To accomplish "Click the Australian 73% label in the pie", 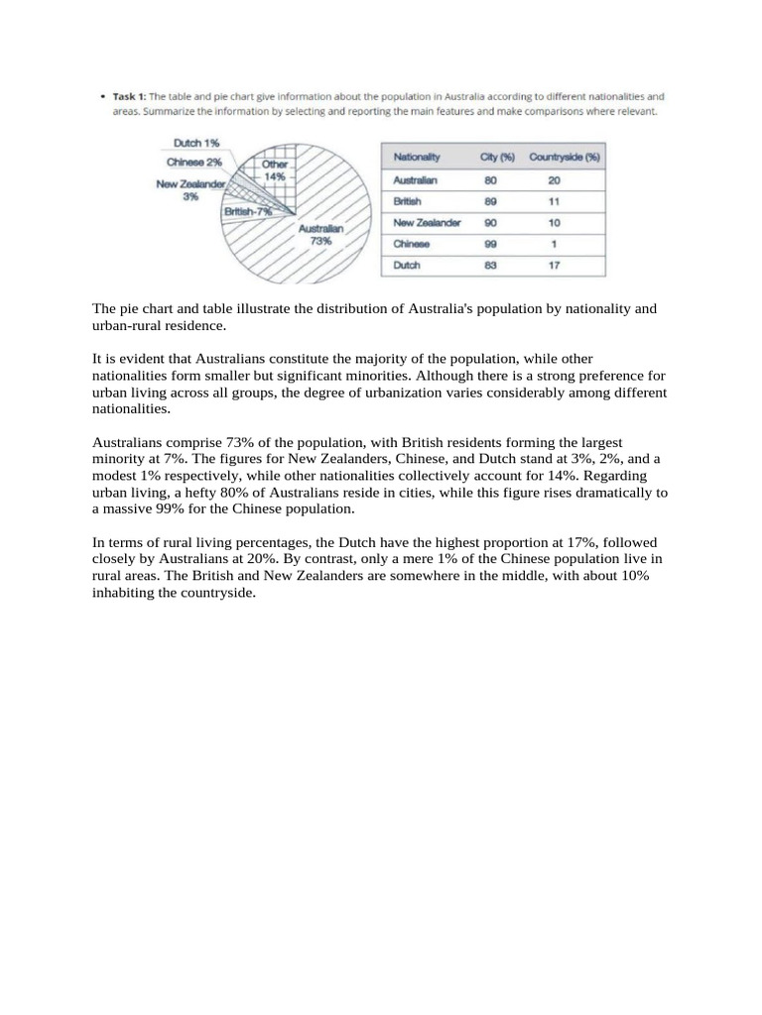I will click(x=320, y=234).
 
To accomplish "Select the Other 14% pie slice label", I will click(x=275, y=169).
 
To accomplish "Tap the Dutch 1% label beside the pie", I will click(x=197, y=143).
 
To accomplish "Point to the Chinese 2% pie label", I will click(x=194, y=161).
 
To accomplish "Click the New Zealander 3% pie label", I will click(x=190, y=189).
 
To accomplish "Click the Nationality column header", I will click(x=417, y=157).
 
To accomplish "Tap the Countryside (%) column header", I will click(x=565, y=157).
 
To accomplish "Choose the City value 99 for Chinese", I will click(x=490, y=244).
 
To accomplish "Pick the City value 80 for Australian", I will click(x=490, y=180).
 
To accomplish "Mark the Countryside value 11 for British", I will click(x=554, y=201).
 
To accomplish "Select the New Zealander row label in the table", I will click(x=427, y=223).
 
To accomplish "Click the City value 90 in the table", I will click(x=490, y=223).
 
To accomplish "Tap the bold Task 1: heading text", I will click(x=129, y=97).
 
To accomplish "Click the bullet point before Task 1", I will click(x=102, y=97).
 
